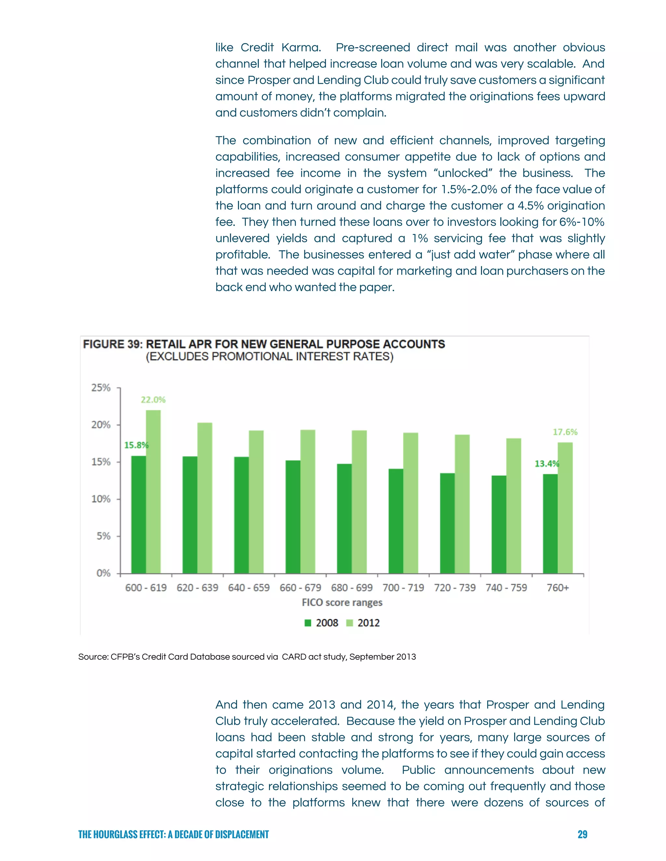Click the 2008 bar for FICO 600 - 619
[139, 514]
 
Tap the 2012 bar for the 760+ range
[565, 508]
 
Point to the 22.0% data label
[153, 400]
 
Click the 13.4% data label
[546, 464]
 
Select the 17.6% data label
[565, 432]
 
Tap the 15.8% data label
[136, 445]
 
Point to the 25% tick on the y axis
[101, 388]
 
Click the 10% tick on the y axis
[101, 499]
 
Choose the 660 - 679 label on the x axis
[300, 588]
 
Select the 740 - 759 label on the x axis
[506, 588]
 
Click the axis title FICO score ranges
[342, 602]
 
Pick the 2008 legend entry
[322, 623]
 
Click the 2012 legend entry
[363, 623]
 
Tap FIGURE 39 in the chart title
[113, 344]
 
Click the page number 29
[582, 834]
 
